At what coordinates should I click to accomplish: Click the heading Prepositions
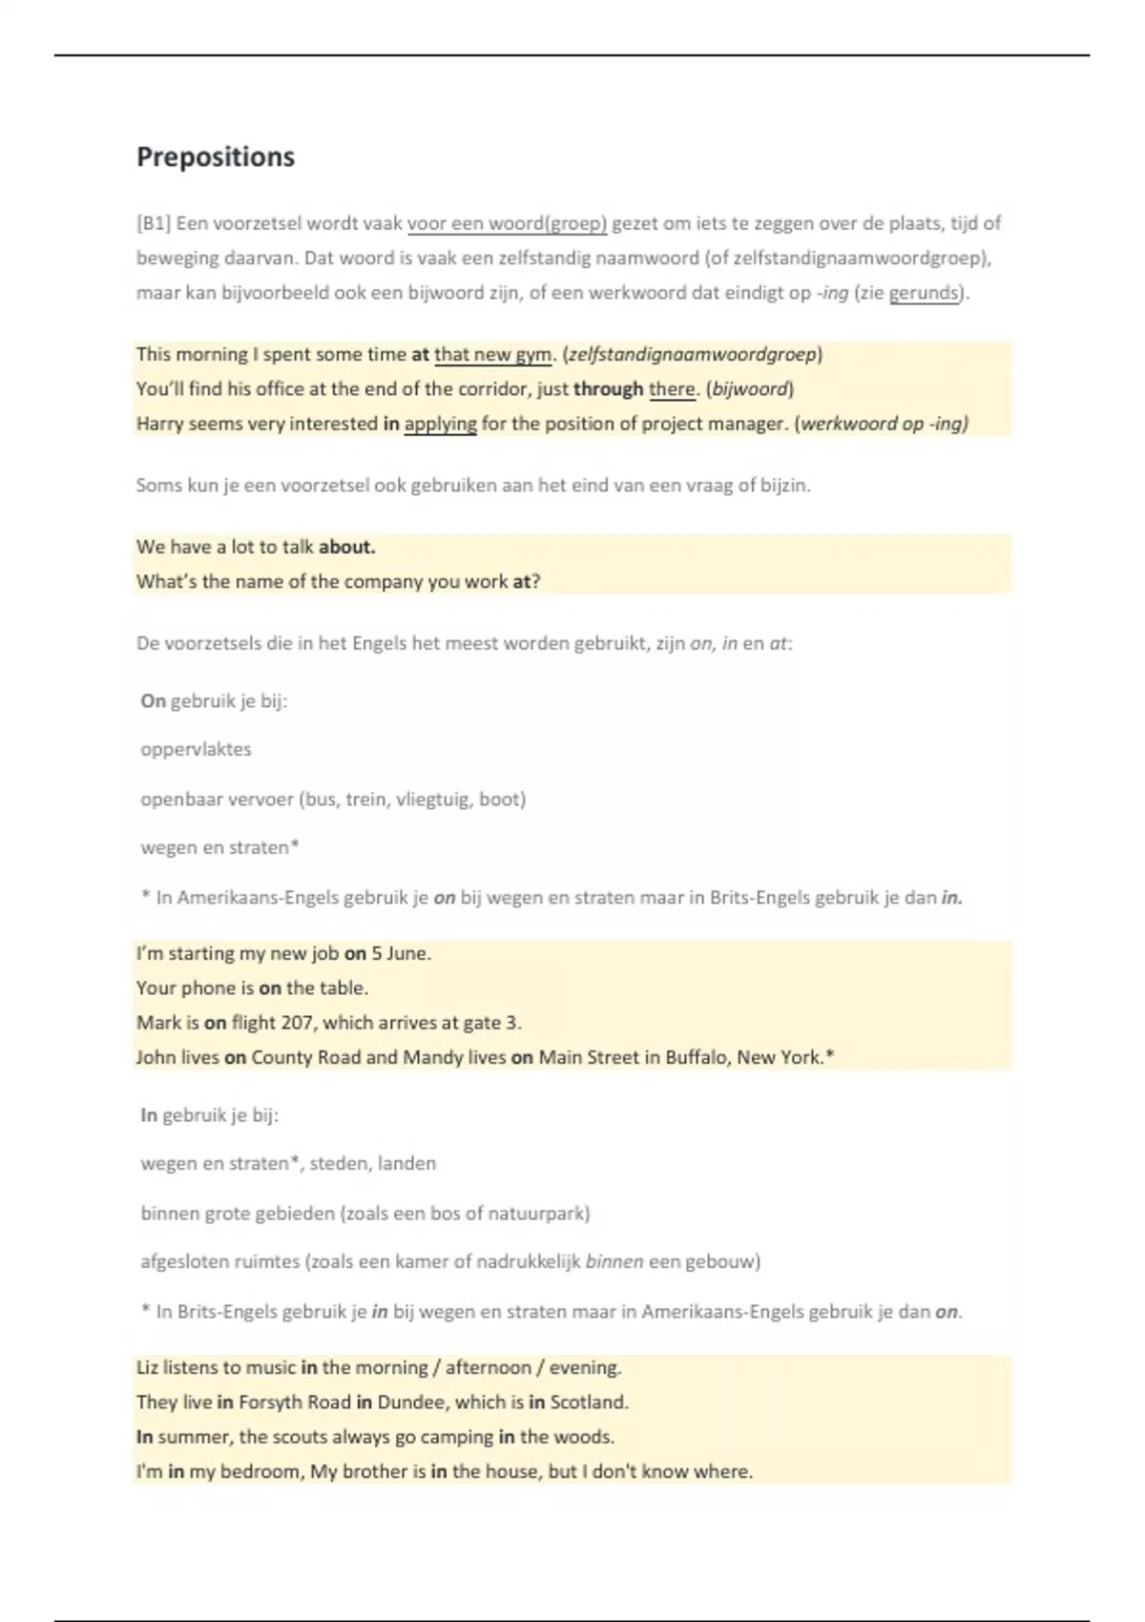216,156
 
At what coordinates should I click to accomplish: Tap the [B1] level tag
153,223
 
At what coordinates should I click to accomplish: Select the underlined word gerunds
924,293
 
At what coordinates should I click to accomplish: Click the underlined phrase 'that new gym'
492,355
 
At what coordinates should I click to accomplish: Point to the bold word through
608,389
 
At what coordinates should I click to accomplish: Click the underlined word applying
440,424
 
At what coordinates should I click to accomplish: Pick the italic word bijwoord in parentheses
749,389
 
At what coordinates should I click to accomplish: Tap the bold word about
346,547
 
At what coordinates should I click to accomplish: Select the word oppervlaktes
196,749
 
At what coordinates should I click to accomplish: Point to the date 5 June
401,953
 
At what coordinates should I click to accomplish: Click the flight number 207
297,1023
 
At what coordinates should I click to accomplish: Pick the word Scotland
589,1403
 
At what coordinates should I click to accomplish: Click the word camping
456,1437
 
